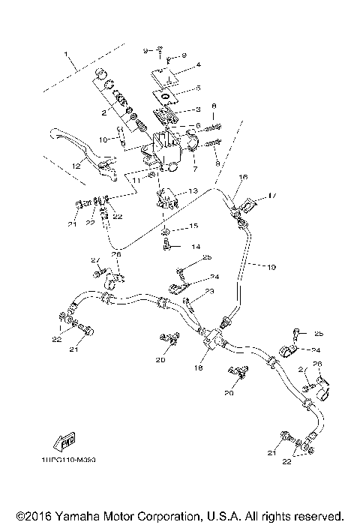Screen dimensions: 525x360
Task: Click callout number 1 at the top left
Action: tap(66, 55)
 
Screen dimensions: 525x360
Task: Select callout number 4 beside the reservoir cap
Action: tap(199, 66)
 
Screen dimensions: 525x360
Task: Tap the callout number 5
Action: tap(199, 88)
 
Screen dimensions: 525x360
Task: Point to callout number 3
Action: tap(199, 109)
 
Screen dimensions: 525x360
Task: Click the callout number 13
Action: tap(193, 192)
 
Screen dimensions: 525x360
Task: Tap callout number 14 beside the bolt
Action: tap(196, 246)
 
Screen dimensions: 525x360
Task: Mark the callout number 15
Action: tap(194, 226)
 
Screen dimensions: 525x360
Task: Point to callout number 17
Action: tap(272, 197)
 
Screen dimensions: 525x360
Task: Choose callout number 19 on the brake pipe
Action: tap(271, 265)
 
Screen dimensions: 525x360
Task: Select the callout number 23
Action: tap(211, 292)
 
